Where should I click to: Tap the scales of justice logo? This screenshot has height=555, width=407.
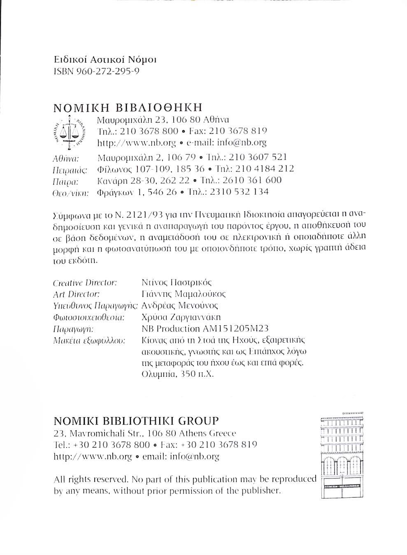69,131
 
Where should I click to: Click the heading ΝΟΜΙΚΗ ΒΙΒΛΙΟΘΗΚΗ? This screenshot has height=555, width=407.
128,108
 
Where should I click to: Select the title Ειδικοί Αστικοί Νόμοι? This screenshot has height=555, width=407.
105,60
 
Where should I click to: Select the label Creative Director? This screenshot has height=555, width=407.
85,283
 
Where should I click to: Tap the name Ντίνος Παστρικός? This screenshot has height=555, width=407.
176,283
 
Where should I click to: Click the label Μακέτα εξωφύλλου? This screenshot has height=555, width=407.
89,340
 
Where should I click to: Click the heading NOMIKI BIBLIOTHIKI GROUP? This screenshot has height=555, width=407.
136,421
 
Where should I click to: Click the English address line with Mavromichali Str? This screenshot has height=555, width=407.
145,433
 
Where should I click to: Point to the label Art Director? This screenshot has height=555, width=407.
77,294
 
